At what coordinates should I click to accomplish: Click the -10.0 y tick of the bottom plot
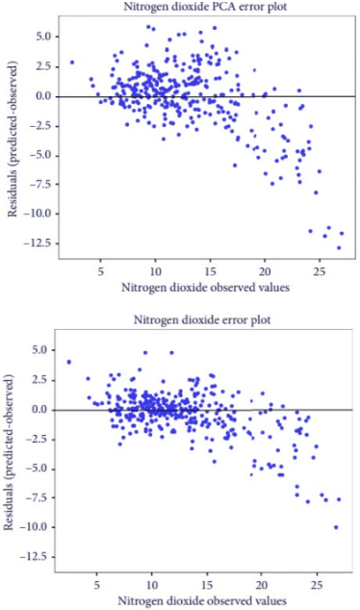[x=40, y=528]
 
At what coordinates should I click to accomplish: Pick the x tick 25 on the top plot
[x=319, y=271]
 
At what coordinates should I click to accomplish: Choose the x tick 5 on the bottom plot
[x=95, y=585]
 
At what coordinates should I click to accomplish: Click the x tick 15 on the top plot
[x=209, y=271]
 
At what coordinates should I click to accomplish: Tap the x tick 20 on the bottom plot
[x=261, y=585]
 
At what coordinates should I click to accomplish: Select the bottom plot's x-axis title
[x=200, y=600]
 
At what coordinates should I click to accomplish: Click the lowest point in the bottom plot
[x=336, y=527]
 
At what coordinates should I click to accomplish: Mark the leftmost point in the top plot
[x=72, y=63]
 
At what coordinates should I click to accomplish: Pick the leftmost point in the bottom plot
[x=69, y=362]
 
